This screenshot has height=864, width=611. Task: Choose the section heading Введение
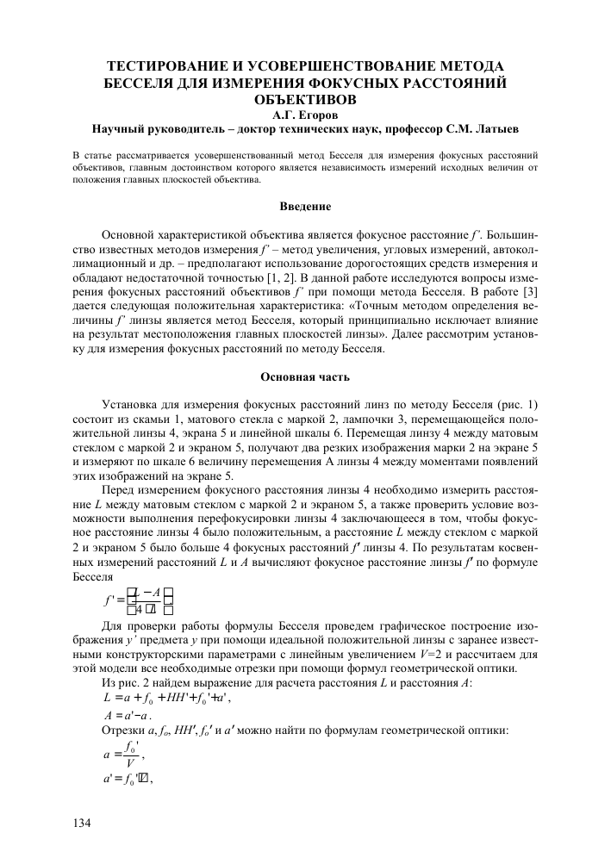306,206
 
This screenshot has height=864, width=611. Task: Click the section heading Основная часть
306,376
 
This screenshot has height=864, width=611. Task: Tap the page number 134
81,824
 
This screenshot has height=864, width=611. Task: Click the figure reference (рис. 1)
517,405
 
